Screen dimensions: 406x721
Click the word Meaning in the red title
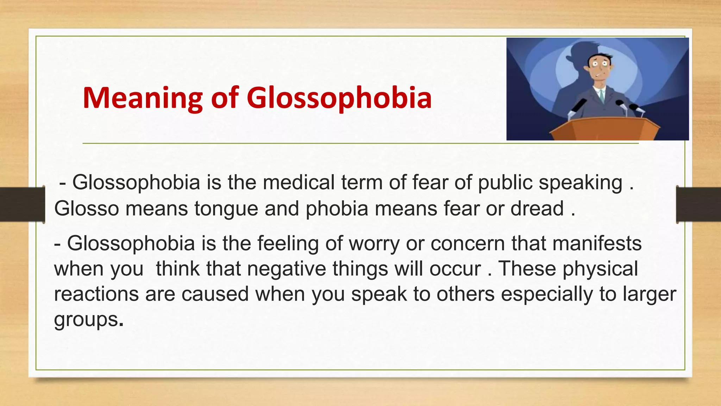tap(143, 98)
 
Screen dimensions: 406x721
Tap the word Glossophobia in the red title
tap(339, 98)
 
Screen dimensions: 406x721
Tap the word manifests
tap(597, 243)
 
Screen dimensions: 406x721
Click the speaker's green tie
tap(602, 95)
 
